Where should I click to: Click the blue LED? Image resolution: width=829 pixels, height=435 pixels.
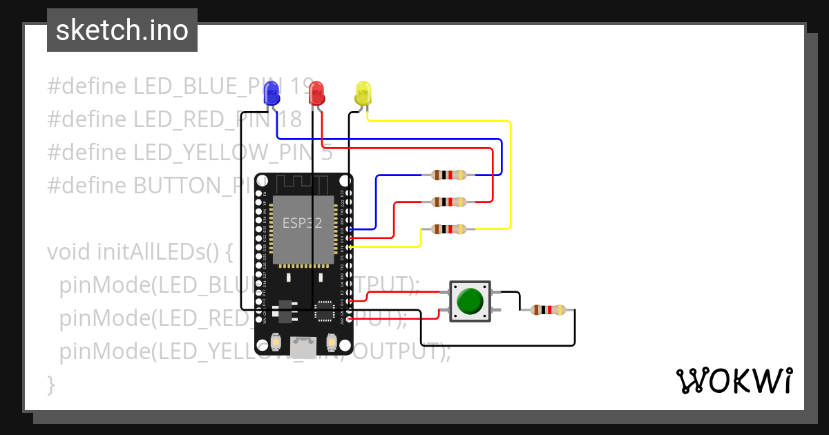(272, 93)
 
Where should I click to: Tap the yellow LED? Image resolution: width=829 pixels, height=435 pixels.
(363, 93)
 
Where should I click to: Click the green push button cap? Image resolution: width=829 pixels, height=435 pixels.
(470, 301)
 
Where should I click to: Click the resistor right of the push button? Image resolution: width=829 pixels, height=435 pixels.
(548, 310)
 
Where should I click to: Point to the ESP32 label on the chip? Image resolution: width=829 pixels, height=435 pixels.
(302, 223)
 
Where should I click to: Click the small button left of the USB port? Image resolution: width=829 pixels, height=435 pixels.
(276, 341)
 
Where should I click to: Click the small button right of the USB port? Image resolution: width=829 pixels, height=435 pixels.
(331, 341)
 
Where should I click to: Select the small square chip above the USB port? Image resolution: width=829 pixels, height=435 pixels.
(323, 311)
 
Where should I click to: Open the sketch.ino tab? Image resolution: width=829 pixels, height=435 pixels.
(122, 30)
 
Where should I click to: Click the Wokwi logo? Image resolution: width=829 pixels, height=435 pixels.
(733, 380)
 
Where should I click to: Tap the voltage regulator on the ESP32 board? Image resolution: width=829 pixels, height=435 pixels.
(283, 311)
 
